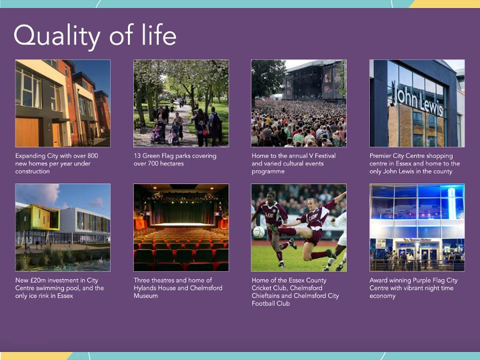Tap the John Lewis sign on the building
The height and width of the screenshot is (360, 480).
pos(417,99)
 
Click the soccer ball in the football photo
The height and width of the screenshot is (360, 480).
pos(259,233)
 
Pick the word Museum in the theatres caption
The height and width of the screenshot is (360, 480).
pos(146,296)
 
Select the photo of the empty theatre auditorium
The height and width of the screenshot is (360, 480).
pos(181,227)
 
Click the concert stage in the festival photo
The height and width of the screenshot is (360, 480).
pos(315,80)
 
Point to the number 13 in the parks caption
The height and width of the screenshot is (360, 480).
pos(137,156)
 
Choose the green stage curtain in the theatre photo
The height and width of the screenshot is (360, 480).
pos(183,212)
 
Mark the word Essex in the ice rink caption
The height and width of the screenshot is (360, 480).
pos(65,296)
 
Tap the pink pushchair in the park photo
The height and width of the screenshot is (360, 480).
pos(157,135)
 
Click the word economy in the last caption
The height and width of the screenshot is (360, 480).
pos(383,296)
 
